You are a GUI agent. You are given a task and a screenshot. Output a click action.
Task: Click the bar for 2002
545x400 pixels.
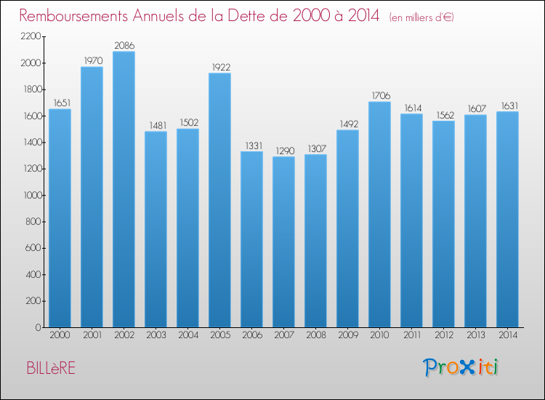pyautogui.click(x=124, y=189)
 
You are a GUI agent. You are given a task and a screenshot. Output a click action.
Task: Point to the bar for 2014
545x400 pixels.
pyautogui.click(x=507, y=219)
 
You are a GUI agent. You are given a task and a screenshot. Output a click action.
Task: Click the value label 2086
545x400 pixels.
pyautogui.click(x=124, y=46)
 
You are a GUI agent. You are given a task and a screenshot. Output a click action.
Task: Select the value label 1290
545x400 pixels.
pyautogui.click(x=283, y=151)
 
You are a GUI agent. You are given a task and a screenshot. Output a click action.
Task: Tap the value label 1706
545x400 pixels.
pyautogui.click(x=379, y=96)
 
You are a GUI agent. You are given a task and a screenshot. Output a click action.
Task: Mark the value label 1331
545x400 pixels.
pyautogui.click(x=251, y=145)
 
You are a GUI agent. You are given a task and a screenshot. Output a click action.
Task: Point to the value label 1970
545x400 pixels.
pyautogui.click(x=92, y=61)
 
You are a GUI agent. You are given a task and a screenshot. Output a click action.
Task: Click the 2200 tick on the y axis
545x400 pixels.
pyautogui.click(x=30, y=36)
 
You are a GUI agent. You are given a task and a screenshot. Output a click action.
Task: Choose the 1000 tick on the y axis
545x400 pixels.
pyautogui.click(x=30, y=195)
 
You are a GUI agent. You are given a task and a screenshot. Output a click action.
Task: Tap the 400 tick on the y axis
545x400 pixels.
pyautogui.click(x=33, y=274)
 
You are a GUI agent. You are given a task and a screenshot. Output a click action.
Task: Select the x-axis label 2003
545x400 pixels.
pyautogui.click(x=156, y=336)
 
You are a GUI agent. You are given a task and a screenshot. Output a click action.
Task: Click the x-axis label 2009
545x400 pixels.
pyautogui.click(x=347, y=336)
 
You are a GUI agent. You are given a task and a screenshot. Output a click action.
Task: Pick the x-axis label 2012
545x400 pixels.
pyautogui.click(x=443, y=336)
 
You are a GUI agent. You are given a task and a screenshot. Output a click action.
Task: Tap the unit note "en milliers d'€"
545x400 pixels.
pyautogui.click(x=421, y=17)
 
